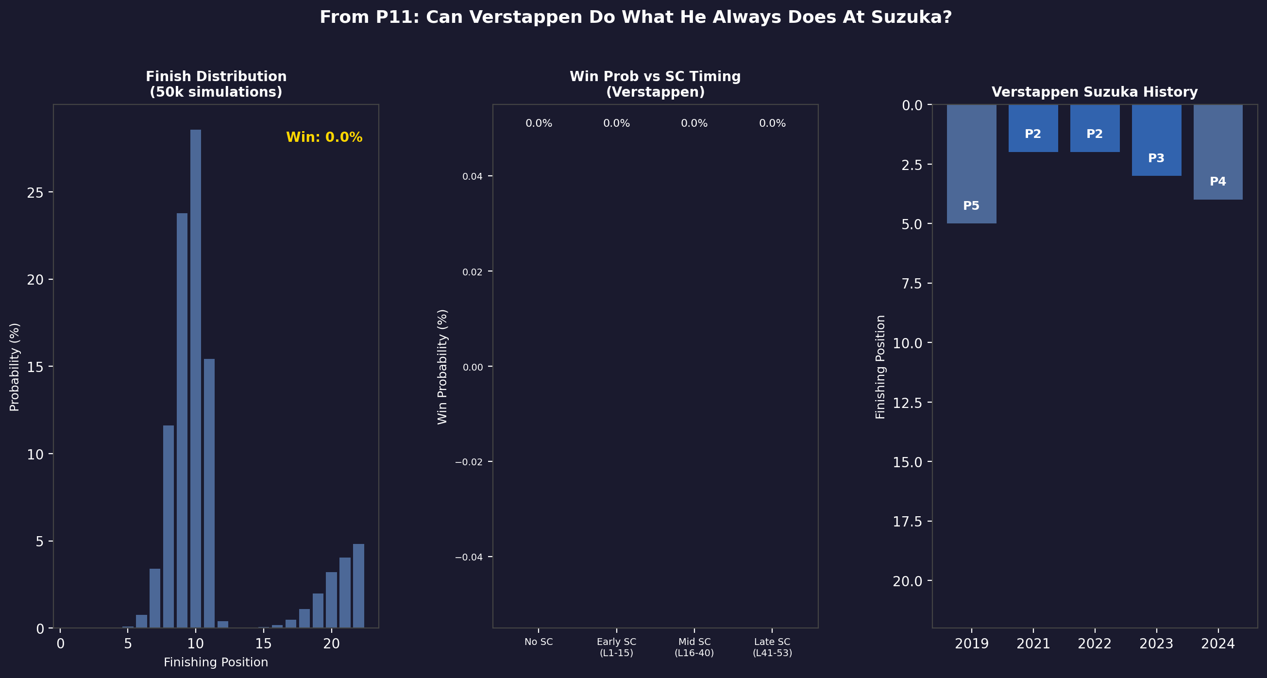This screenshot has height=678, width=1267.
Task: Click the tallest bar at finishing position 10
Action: [x=196, y=379]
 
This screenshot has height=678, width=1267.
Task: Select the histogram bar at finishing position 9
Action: [x=182, y=421]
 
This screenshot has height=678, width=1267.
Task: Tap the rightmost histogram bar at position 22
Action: [x=358, y=586]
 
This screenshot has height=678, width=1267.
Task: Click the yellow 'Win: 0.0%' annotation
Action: [x=324, y=137]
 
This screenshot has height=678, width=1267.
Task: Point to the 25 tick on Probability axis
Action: [x=35, y=192]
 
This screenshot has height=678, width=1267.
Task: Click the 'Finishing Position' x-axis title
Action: [x=216, y=662]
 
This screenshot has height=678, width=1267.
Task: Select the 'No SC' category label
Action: [x=539, y=642]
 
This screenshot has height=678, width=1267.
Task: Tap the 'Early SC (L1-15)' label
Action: [x=616, y=647]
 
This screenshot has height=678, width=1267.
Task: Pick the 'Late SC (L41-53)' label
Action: [x=772, y=647]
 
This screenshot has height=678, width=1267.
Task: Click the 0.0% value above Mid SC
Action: [x=694, y=123]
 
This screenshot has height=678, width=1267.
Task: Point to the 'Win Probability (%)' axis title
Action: [x=442, y=367]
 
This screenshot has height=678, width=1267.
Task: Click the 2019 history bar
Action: [x=971, y=164]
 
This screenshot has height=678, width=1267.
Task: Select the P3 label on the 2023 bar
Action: [x=1156, y=158]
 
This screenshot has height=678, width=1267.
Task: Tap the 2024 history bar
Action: [x=1218, y=152]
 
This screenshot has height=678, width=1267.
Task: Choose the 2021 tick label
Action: [x=1033, y=644]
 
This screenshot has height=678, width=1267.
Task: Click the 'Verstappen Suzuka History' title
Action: [x=1095, y=92]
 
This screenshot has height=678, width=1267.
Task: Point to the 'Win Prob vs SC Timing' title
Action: [x=655, y=77]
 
